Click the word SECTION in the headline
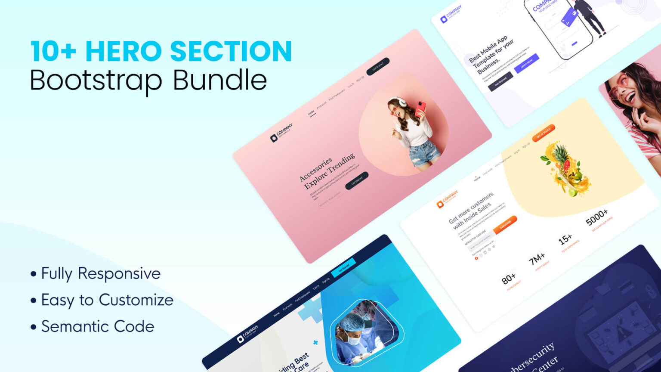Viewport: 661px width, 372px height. coord(231,52)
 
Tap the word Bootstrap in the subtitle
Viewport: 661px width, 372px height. coord(96,81)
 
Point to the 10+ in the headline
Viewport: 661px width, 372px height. coord(53,52)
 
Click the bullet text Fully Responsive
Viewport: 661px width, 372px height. coord(101,274)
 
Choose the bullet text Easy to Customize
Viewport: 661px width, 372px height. coord(107,300)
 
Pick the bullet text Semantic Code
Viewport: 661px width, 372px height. coord(98,327)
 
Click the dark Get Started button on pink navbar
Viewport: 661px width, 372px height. coord(378,66)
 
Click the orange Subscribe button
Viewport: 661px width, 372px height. coord(505,225)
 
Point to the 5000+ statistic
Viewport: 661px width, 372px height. coord(597,217)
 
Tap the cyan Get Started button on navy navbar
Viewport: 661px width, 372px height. coord(343,268)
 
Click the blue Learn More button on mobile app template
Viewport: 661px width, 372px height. coord(527,63)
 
